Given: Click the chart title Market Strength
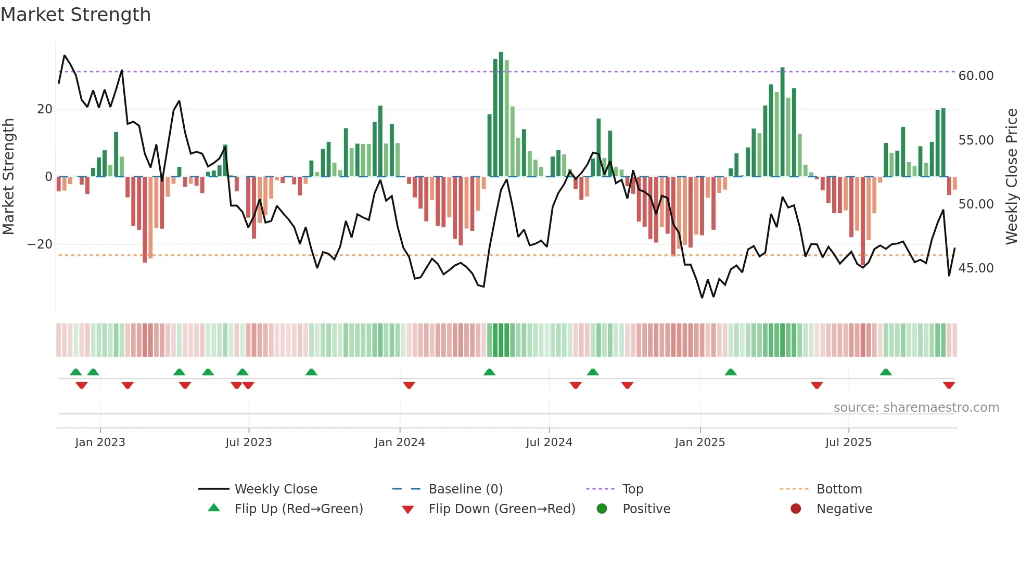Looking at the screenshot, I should pos(75,15).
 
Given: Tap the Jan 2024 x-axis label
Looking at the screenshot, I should pos(399,442).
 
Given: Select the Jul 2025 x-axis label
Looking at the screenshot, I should pos(848,442).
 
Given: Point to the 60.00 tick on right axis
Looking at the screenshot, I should pos(976,76).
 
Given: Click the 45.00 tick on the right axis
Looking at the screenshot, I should pos(976,268).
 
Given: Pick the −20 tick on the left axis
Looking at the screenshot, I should pos(40,244).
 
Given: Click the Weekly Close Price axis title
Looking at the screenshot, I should pos(1011,177).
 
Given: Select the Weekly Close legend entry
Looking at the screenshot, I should pos(275,489).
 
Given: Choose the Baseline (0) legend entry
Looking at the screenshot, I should pos(465,489).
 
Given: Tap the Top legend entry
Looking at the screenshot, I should pos(632,489).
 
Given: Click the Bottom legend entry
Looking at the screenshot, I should pos(839,489).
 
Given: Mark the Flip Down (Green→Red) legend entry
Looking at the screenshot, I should pos(502,509).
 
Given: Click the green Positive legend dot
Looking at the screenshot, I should pos(602,509).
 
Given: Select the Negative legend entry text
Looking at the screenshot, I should pos(844,509).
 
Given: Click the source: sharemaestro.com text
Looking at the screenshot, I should pos(916,408).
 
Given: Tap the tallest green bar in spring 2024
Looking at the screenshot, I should pos(501,114).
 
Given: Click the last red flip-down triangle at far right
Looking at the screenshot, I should pos(949,385).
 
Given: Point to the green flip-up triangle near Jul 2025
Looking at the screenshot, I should pos(886,372).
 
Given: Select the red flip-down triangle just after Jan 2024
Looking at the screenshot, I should pos(409,385).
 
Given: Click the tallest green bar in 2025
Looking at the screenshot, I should pos(782,122).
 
